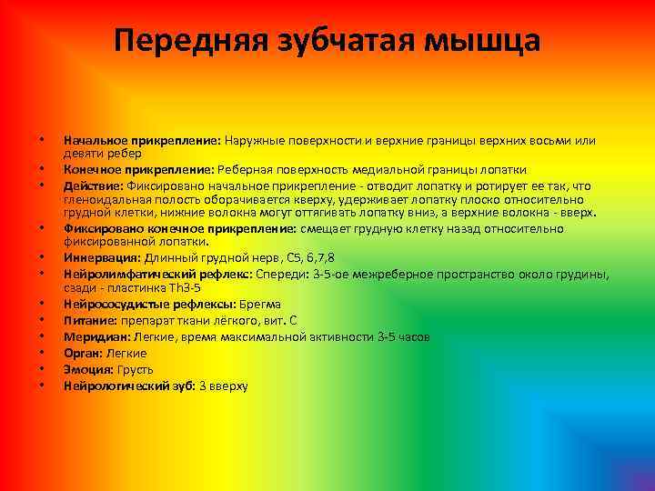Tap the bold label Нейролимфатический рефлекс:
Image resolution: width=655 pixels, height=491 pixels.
[x=158, y=272]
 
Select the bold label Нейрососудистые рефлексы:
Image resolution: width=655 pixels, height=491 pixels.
[x=146, y=304]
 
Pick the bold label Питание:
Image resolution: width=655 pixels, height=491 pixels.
[x=89, y=320]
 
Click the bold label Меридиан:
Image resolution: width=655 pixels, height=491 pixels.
[x=95, y=336]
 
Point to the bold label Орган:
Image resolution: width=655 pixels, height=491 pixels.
[x=83, y=353]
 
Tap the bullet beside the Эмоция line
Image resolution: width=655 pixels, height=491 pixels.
[x=42, y=369]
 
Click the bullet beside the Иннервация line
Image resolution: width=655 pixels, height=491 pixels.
[x=42, y=257]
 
